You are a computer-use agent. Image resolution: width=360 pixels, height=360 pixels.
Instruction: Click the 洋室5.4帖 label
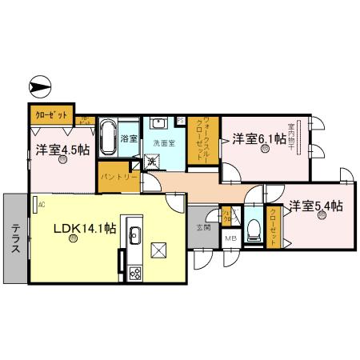tap(316, 205)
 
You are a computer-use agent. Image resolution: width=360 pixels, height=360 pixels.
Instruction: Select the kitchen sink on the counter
tap(134, 235)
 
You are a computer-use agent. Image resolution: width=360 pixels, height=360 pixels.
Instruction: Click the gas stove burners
tap(134, 273)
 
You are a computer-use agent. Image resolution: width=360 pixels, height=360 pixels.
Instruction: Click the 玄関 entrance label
tap(204, 227)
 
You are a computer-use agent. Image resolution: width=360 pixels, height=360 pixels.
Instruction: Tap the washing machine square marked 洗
tap(150, 162)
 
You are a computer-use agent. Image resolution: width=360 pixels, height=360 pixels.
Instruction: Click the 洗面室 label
tap(166, 142)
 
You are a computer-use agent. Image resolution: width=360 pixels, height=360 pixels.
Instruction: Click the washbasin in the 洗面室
tap(159, 123)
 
